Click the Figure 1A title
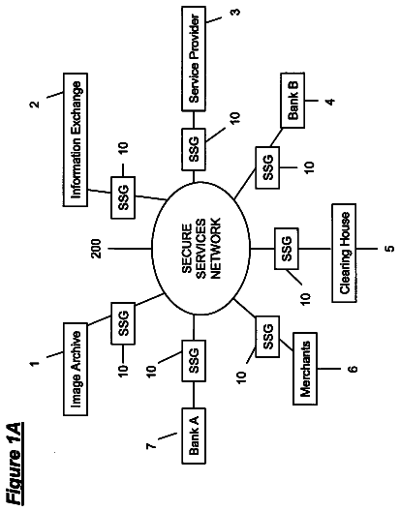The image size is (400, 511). tap(15, 464)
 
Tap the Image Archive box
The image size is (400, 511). tap(76, 369)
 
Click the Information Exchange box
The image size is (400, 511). tap(76, 139)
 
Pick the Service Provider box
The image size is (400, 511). tap(194, 59)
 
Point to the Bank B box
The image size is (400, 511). tap(292, 101)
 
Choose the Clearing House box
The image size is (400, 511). tap(344, 253)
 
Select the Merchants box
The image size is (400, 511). tap(305, 369)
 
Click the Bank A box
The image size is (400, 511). tap(194, 436)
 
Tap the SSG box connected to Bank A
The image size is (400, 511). tap(194, 361)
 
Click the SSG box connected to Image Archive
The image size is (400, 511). tap(123, 323)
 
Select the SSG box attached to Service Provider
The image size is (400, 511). tap(194, 149)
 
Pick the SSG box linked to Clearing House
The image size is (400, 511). tap(286, 249)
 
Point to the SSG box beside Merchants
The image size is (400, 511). tap(267, 337)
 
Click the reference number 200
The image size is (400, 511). tap(96, 250)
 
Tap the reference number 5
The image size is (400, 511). tap(389, 249)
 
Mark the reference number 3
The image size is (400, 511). tap(235, 12)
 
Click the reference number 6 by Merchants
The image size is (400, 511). tap(353, 369)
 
